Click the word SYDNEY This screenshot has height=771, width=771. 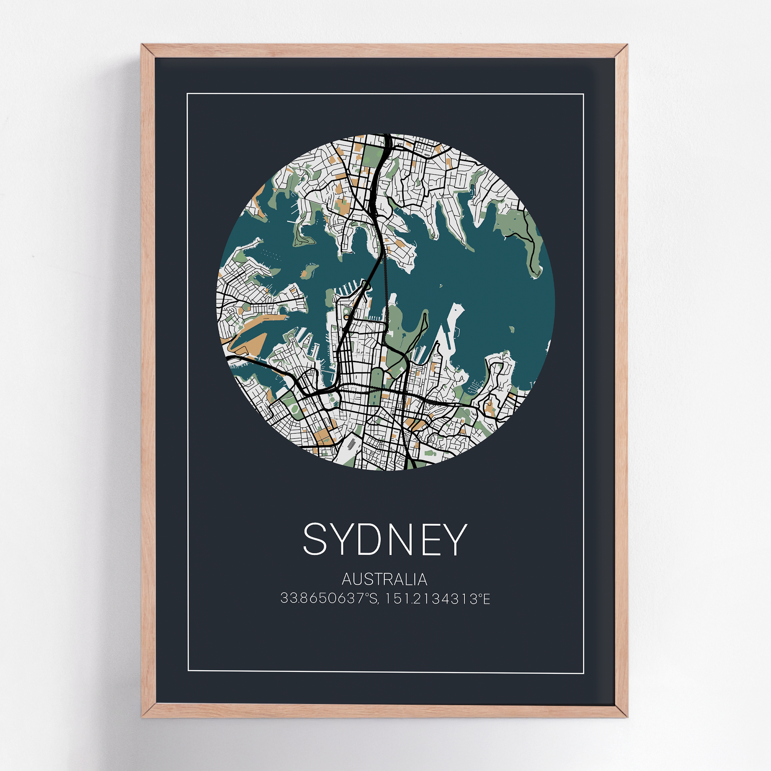pyautogui.click(x=385, y=539)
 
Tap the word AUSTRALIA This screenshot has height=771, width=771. pyautogui.click(x=385, y=579)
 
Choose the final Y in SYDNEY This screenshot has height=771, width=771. pyautogui.click(x=453, y=539)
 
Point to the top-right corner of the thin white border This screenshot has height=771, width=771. pyautogui.click(x=584, y=94)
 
